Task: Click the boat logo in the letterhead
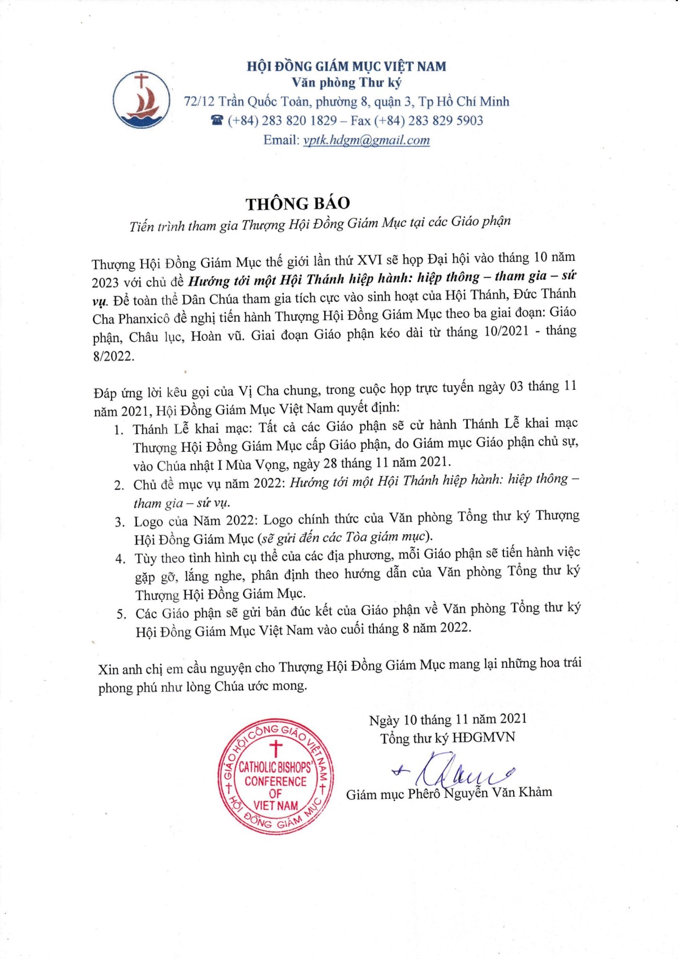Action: click(141, 100)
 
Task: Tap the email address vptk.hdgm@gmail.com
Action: click(366, 140)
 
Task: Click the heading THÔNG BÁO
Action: click(298, 203)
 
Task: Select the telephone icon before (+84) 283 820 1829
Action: click(217, 121)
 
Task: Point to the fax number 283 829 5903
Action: click(445, 121)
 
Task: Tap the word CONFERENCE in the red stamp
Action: click(275, 781)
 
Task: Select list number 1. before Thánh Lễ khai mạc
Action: click(119, 430)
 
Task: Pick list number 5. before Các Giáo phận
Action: click(122, 614)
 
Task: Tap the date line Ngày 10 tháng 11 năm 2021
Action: click(447, 720)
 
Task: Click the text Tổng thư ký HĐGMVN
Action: click(447, 738)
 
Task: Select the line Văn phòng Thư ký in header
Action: click(346, 82)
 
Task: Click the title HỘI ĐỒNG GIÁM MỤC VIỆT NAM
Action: click(346, 66)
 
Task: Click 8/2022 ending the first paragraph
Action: click(113, 356)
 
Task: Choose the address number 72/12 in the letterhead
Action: click(199, 101)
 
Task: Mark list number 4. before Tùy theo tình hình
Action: click(120, 559)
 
